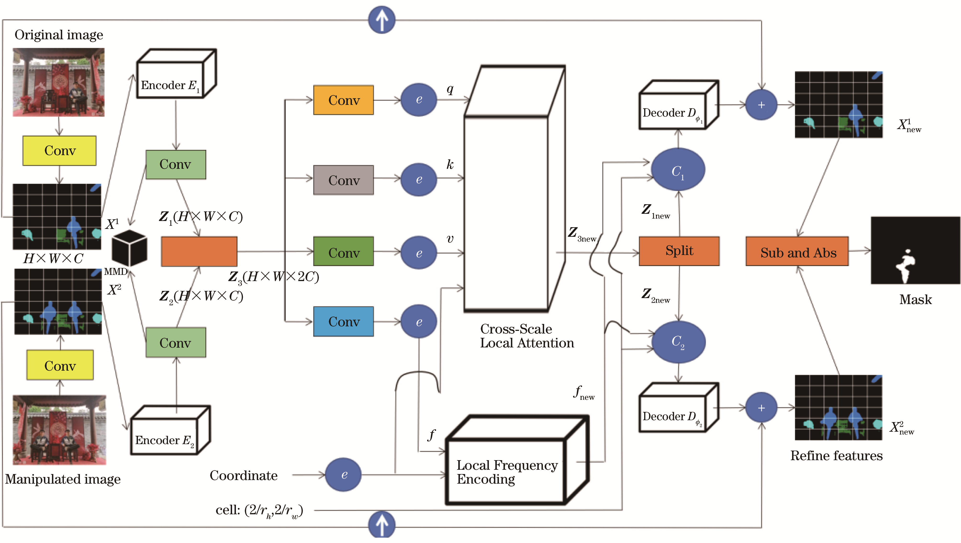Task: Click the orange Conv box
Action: pos(343,100)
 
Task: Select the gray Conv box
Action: pos(343,180)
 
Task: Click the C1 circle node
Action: pos(678,170)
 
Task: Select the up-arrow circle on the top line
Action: pos(381,19)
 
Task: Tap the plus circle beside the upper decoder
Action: pos(761,105)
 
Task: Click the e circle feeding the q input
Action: pos(419,100)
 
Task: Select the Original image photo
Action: pos(59,82)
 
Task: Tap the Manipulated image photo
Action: pos(59,430)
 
